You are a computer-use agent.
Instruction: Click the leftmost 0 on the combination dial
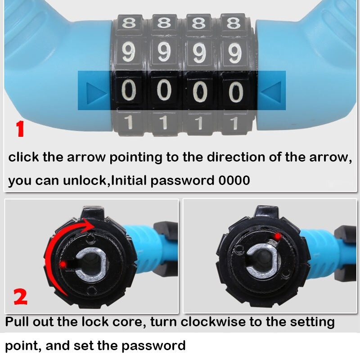pyautogui.click(x=130, y=92)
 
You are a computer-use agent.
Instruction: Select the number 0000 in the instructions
pyautogui.click(x=234, y=180)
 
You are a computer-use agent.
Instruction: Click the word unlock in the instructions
pyautogui.click(x=88, y=180)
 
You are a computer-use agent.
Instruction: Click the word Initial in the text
pyautogui.click(x=128, y=180)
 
